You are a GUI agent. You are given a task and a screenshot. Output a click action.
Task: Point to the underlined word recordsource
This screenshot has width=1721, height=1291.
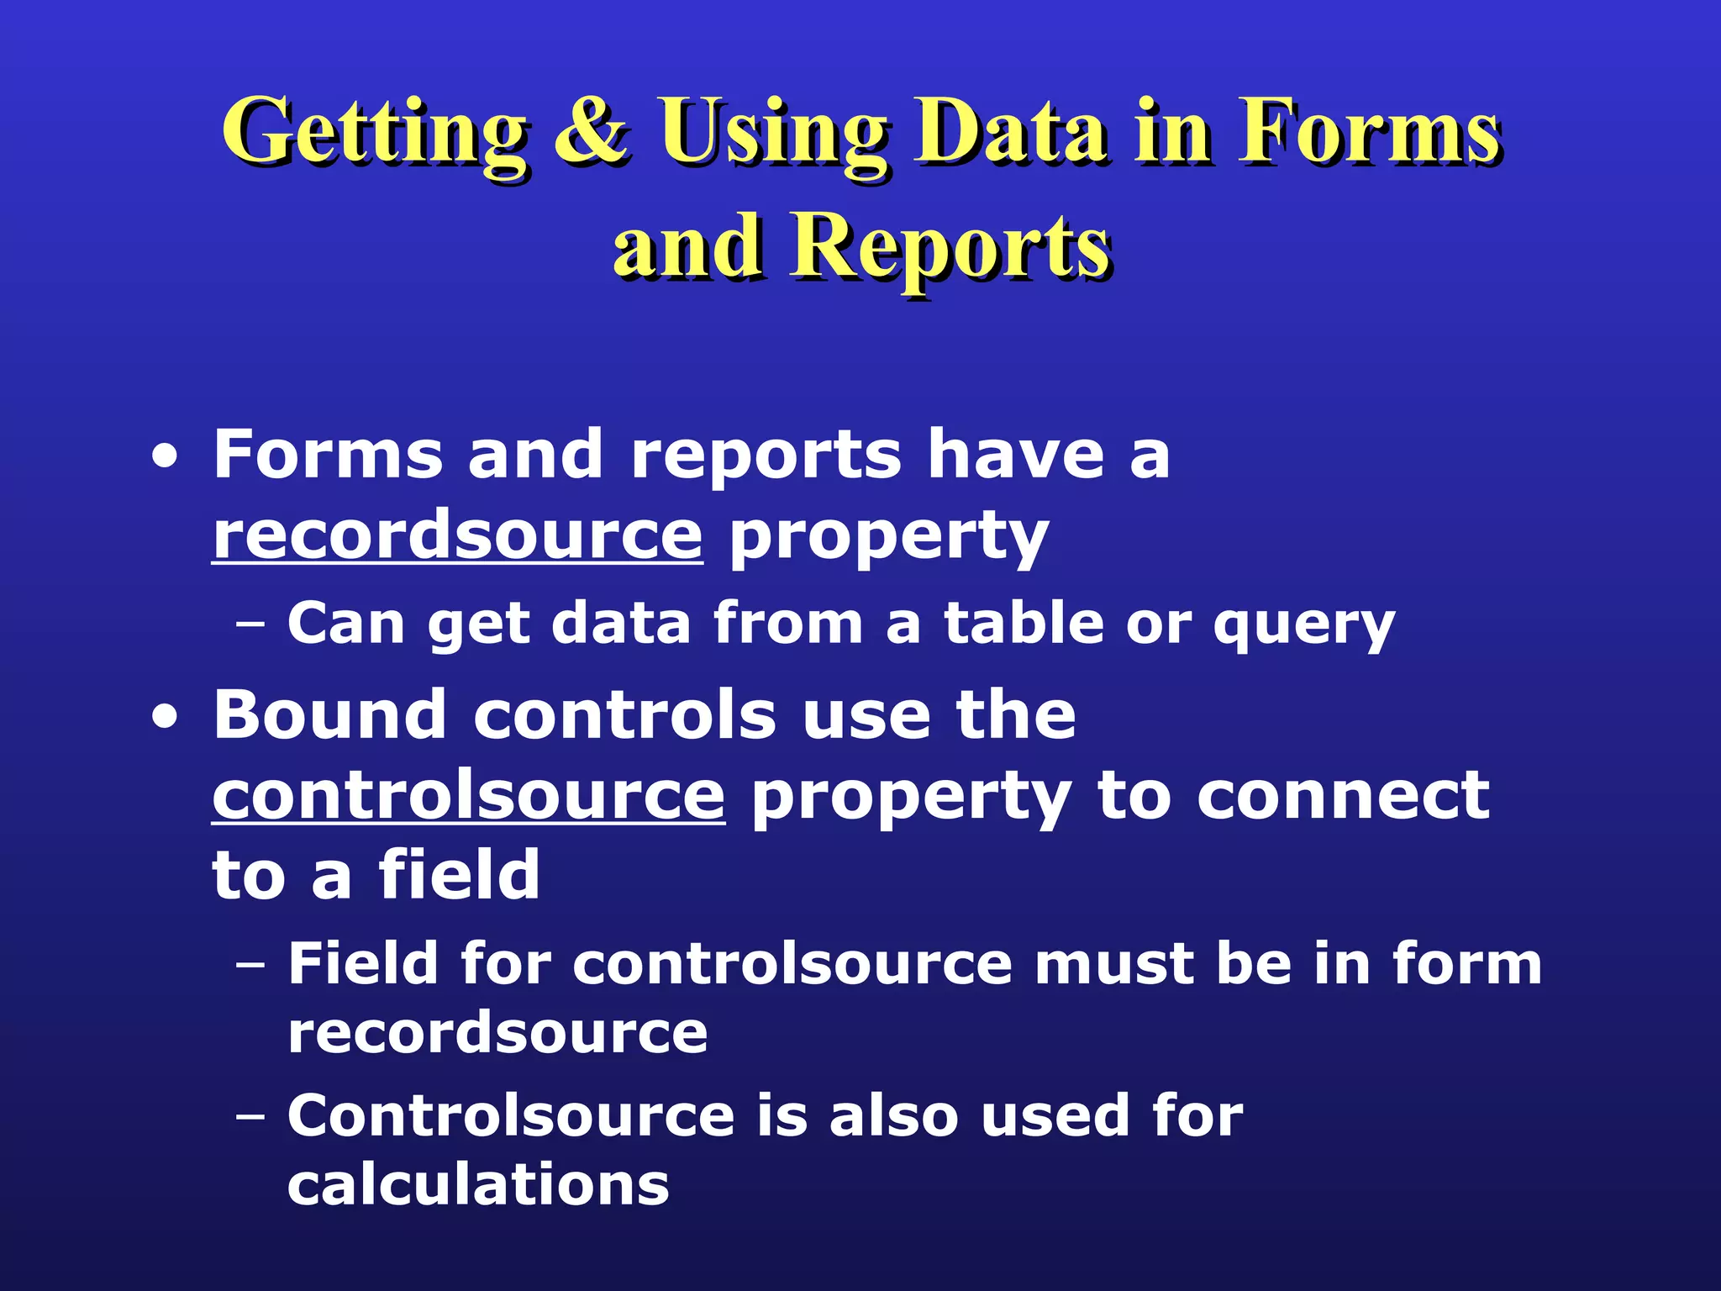(457, 536)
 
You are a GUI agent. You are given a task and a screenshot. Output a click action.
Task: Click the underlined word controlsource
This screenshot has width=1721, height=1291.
(468, 795)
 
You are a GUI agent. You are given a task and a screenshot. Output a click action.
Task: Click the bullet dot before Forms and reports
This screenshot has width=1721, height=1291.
(165, 459)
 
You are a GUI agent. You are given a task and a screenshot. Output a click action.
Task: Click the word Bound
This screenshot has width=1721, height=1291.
(329, 715)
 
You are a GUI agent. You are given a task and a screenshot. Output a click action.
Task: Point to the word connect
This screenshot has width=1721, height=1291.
(1343, 796)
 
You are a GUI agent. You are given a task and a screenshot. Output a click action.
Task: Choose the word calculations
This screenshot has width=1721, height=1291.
(478, 1184)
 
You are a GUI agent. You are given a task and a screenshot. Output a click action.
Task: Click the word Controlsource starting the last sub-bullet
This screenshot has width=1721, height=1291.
(511, 1115)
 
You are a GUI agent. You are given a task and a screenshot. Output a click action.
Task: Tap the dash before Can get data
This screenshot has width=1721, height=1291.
(250, 625)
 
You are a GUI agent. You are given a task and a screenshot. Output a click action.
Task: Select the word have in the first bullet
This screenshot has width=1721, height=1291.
(1015, 455)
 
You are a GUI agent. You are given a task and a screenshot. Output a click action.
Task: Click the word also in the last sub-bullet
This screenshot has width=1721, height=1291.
(893, 1115)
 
